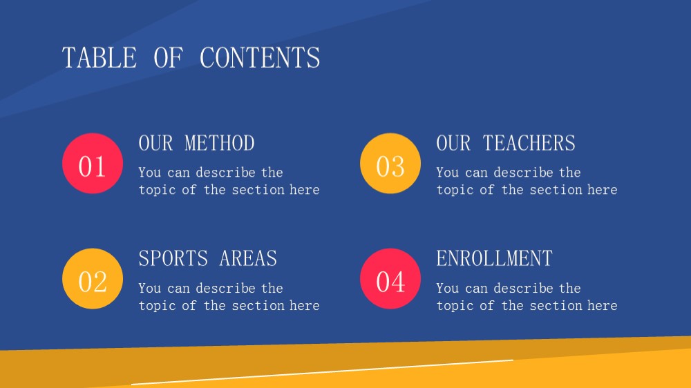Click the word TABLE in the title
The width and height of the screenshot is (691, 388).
(100, 58)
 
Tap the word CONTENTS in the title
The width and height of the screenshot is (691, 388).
(260, 58)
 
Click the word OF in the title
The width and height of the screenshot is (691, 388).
(168, 58)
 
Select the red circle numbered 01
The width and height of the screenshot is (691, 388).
(93, 164)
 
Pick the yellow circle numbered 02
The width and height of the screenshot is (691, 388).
(93, 279)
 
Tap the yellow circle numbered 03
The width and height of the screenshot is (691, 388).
(390, 164)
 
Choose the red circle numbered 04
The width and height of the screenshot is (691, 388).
(390, 279)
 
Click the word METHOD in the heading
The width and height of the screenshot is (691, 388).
(220, 143)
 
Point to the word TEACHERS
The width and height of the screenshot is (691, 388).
(529, 143)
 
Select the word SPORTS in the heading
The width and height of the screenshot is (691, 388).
(173, 258)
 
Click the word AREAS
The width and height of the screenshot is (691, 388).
(248, 258)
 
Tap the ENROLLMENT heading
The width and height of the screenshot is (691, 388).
(495, 258)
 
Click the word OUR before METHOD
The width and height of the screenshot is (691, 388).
(155, 143)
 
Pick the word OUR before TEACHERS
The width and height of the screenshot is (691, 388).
(453, 143)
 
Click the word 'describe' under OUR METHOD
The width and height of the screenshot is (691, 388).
(226, 172)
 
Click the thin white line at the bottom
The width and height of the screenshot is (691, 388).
(322, 372)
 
